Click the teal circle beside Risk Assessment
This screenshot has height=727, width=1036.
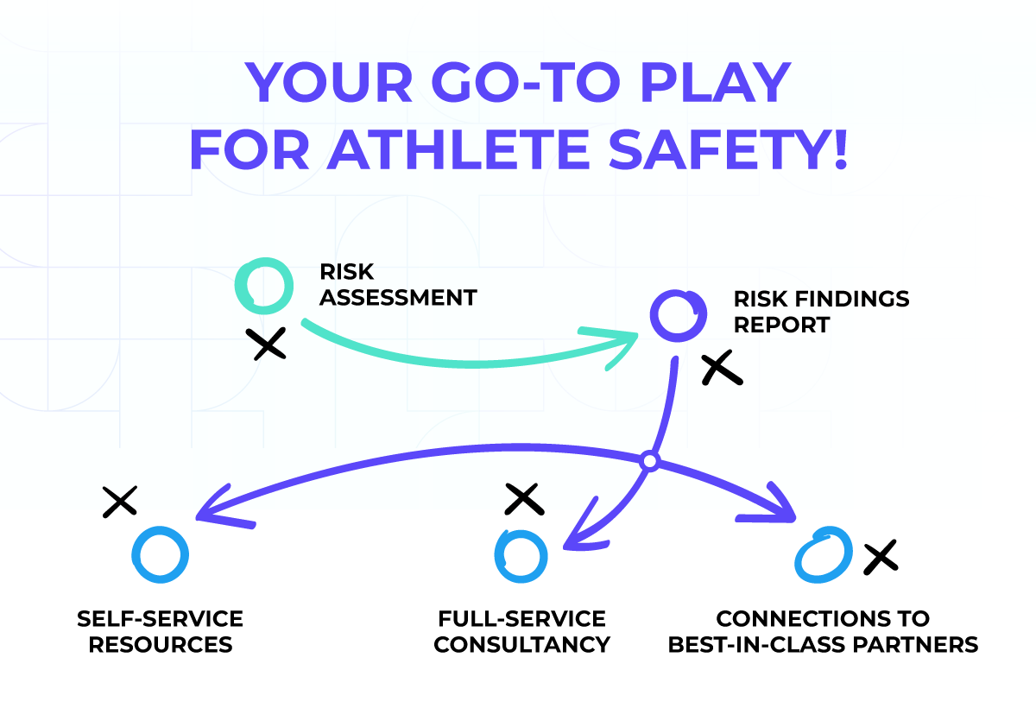coord(263,286)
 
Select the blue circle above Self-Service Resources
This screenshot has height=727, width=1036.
coord(160,553)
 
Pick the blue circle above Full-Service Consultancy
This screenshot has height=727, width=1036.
coord(521,556)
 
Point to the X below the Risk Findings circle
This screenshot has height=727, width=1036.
coord(722,370)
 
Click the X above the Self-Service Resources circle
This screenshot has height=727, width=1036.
coord(120,501)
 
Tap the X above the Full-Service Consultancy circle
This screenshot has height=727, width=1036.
coord(523,498)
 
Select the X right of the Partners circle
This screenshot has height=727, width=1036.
coord(880,557)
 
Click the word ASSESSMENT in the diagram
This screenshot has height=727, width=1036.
coord(398,298)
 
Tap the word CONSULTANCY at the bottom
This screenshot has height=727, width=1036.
coord(521,644)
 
